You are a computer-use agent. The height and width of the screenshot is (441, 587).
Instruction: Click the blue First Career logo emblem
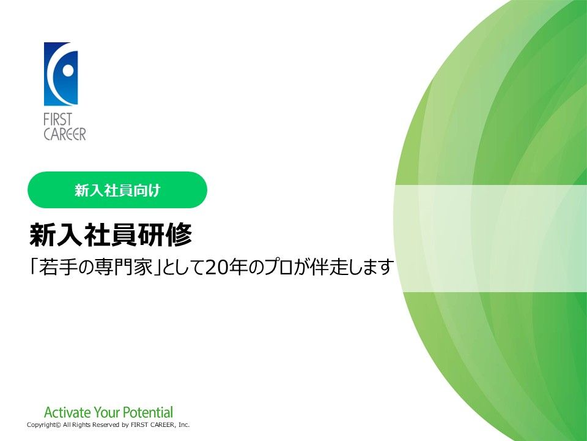click(61, 74)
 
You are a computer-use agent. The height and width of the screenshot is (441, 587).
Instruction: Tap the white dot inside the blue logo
click(68, 70)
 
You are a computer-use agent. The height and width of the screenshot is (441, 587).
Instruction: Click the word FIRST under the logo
click(57, 120)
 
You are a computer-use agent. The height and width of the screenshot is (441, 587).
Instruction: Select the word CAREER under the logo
click(65, 134)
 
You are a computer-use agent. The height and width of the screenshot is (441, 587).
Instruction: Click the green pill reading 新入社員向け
click(117, 190)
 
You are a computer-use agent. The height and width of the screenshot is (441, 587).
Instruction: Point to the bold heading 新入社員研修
click(111, 235)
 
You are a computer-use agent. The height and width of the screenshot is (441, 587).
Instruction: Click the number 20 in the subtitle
click(214, 268)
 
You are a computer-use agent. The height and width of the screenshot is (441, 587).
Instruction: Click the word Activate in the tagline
click(67, 412)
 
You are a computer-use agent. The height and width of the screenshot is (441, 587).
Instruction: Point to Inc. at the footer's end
click(184, 425)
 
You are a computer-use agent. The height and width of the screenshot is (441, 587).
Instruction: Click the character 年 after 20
click(234, 268)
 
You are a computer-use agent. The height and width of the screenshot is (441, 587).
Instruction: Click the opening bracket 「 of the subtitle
click(34, 266)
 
